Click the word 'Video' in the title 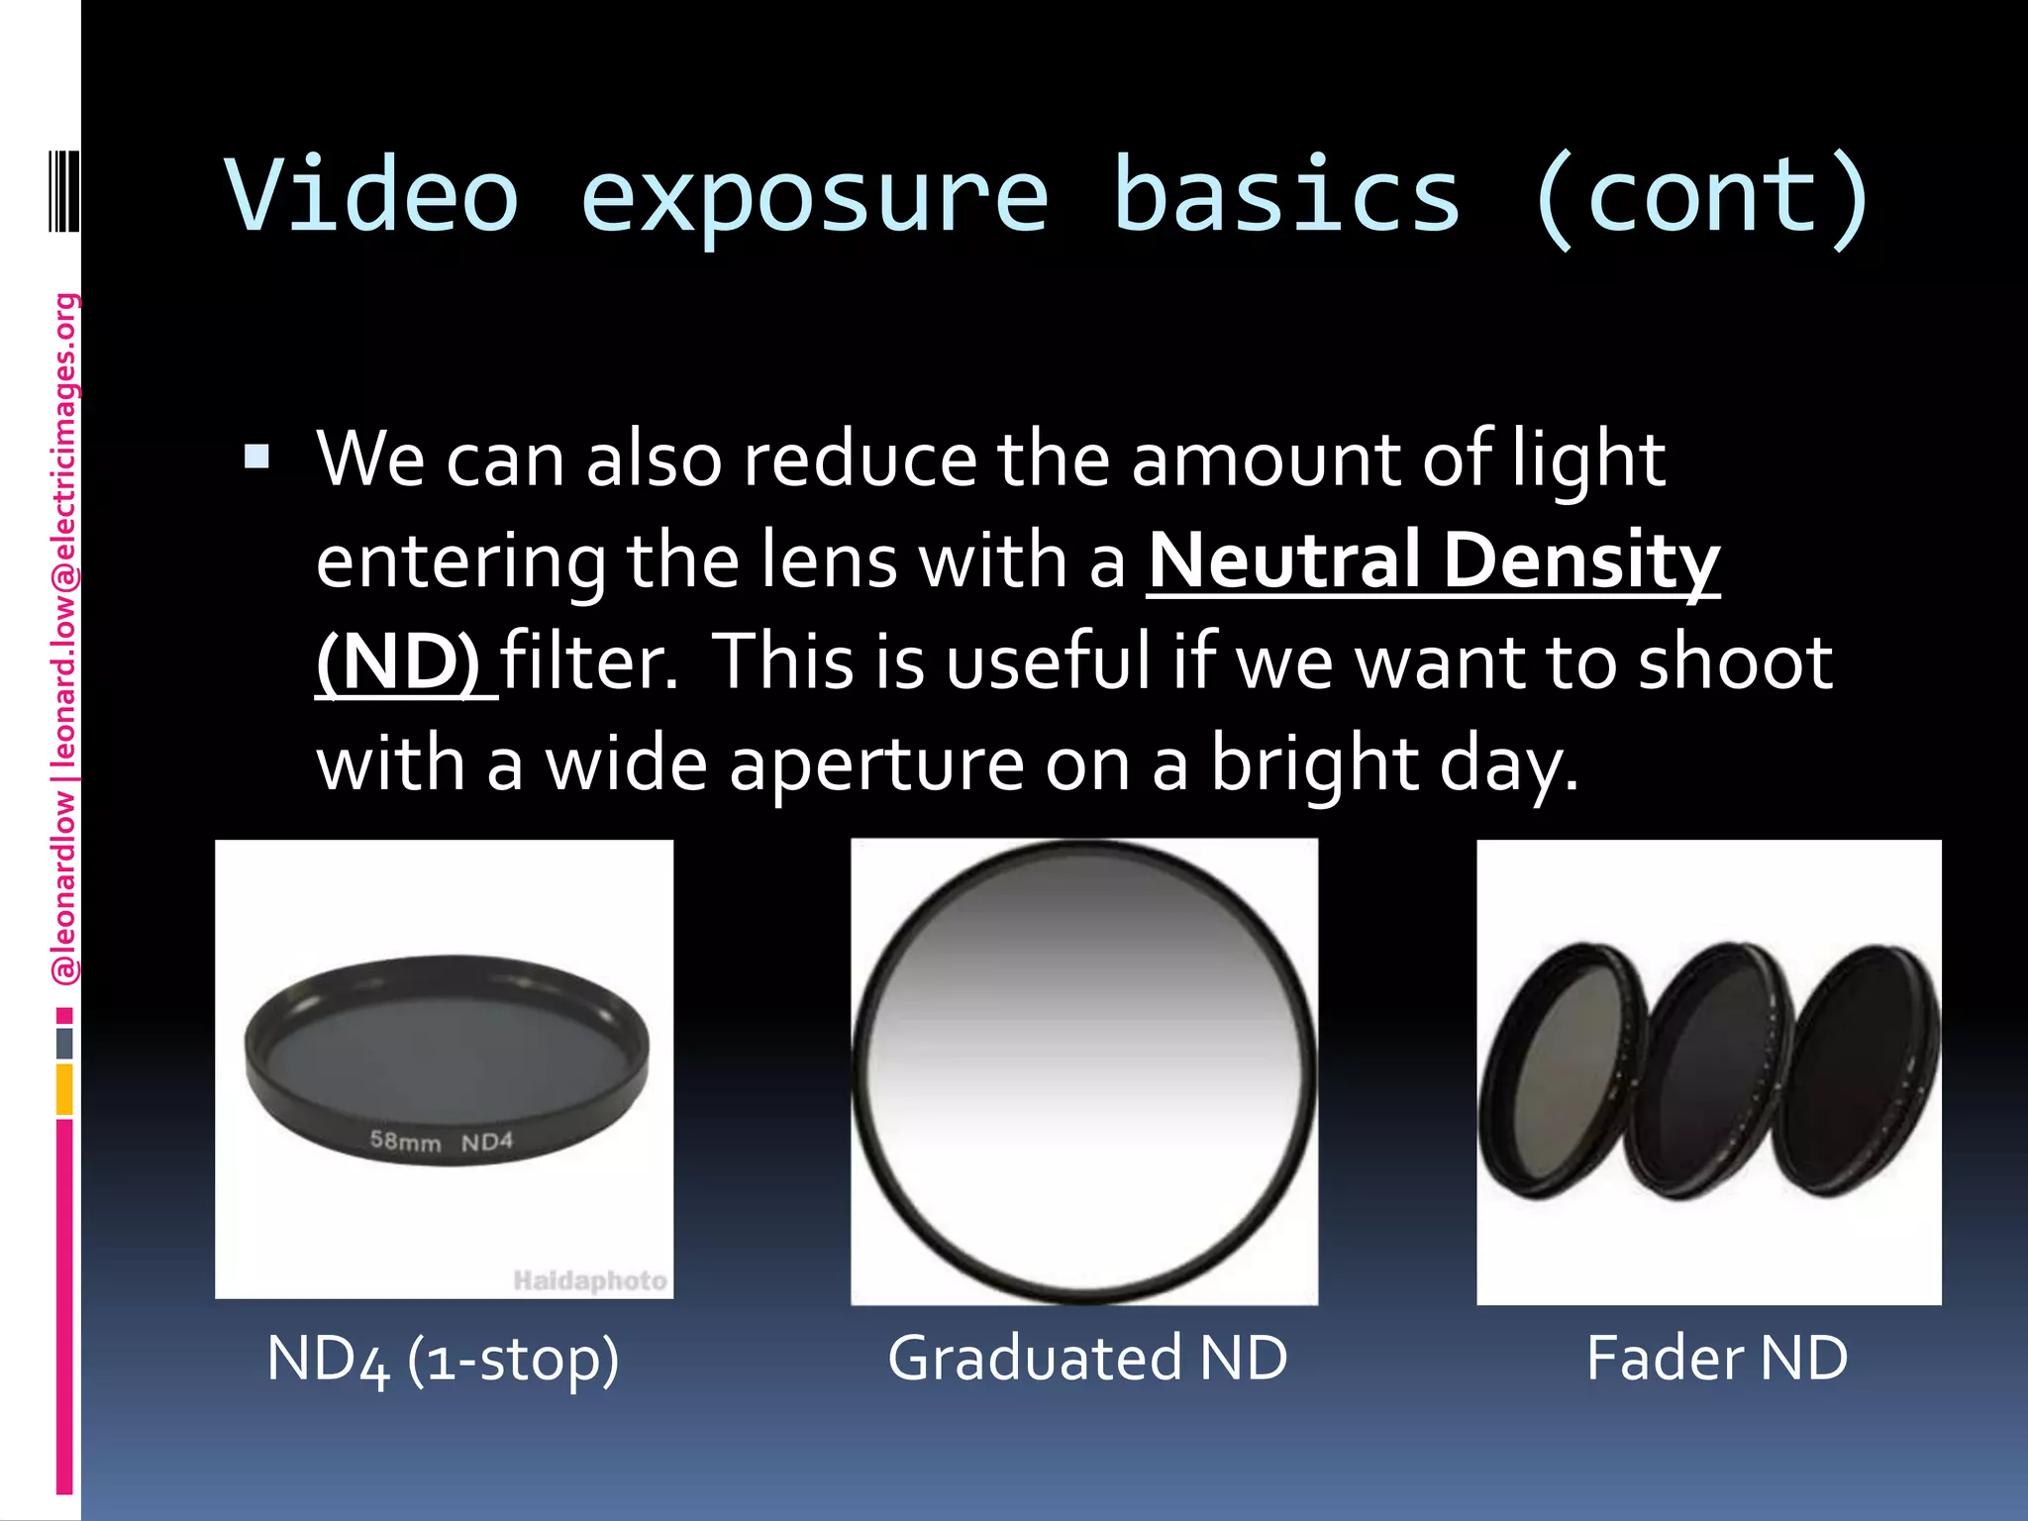coord(371,195)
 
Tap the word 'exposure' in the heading coord(813,195)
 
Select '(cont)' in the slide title coord(1701,195)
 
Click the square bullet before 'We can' coord(256,456)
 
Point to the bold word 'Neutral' coord(1284,559)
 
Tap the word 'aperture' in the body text coord(876,764)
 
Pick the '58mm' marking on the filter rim coord(405,1141)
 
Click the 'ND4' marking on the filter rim coord(487,1142)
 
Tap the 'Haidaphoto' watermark coord(590,1280)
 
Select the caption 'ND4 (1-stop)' coord(443,1358)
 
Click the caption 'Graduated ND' coord(1087,1358)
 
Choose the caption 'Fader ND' coord(1717,1358)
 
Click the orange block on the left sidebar coord(64,1089)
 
